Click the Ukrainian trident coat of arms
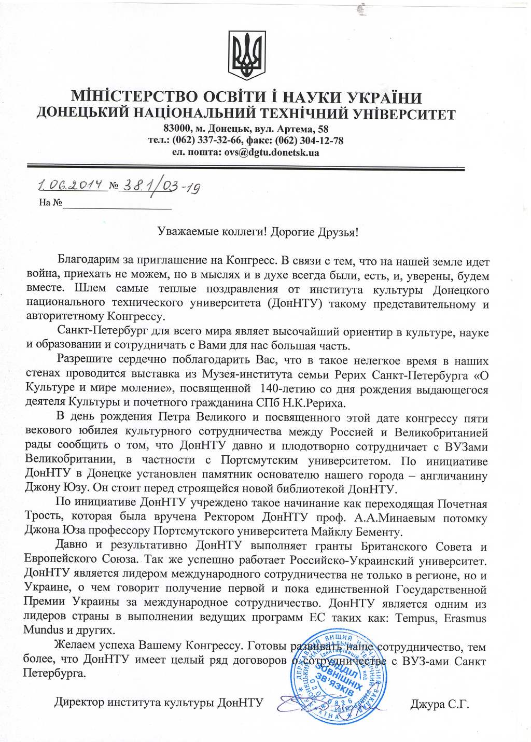(247, 55)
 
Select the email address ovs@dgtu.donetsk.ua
(271, 152)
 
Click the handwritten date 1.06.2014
(72, 185)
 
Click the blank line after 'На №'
(117, 205)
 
